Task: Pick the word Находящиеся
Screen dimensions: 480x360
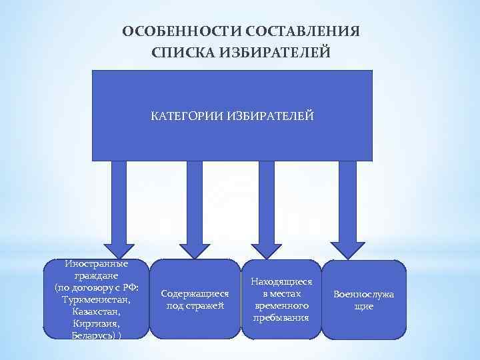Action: click(x=281, y=282)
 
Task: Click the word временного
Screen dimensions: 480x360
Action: click(x=281, y=305)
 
